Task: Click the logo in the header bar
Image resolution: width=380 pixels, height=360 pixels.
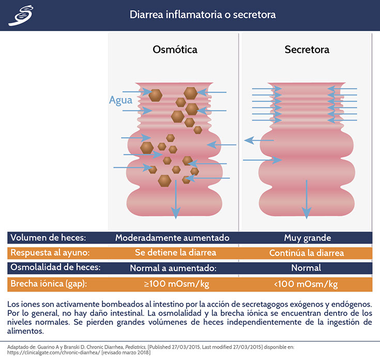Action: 20,16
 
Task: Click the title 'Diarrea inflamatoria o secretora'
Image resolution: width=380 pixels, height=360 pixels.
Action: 202,14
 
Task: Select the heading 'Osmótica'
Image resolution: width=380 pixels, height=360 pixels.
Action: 175,50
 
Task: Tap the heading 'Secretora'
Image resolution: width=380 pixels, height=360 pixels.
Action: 307,50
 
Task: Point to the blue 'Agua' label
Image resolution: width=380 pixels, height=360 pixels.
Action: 120,100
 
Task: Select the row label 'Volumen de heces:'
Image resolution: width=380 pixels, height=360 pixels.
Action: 48,238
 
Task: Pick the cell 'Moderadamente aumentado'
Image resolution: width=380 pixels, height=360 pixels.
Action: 172,238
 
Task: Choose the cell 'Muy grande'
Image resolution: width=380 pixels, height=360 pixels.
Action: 307,238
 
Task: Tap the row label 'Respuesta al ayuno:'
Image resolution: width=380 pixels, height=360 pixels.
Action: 51,253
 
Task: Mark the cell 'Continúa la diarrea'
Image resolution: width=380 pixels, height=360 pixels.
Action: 307,253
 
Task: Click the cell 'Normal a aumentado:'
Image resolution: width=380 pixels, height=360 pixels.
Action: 172,268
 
